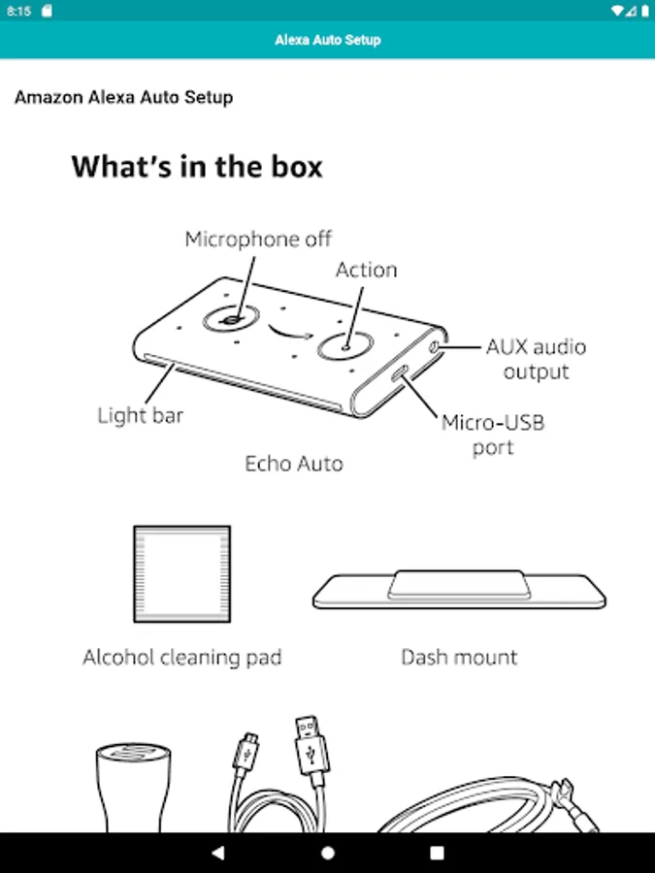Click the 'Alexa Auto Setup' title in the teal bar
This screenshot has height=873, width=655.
pyautogui.click(x=328, y=40)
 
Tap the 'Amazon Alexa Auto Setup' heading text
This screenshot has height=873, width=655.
pyautogui.click(x=123, y=97)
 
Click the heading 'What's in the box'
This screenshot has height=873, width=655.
pyautogui.click(x=197, y=167)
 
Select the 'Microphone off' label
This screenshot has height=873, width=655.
pyautogui.click(x=258, y=239)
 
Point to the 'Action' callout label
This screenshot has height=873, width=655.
pyautogui.click(x=367, y=270)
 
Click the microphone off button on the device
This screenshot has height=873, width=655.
pyautogui.click(x=231, y=319)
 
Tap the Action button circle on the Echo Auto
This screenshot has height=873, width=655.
pyautogui.click(x=345, y=345)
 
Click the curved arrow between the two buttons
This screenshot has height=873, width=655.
pyautogui.click(x=288, y=334)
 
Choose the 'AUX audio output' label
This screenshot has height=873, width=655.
pyautogui.click(x=536, y=359)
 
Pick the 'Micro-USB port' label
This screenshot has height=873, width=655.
pyautogui.click(x=493, y=435)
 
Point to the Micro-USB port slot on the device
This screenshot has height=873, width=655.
pyautogui.click(x=400, y=373)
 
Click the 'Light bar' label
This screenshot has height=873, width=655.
pyautogui.click(x=141, y=415)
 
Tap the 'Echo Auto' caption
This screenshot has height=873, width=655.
pyautogui.click(x=294, y=464)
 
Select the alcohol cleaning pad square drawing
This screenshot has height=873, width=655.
pyautogui.click(x=182, y=573)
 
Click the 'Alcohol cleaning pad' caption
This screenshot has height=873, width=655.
pyautogui.click(x=182, y=658)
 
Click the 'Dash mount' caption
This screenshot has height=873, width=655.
pyautogui.click(x=460, y=658)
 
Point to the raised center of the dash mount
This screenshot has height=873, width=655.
pyautogui.click(x=458, y=584)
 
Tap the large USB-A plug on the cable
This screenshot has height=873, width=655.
pyautogui.click(x=311, y=745)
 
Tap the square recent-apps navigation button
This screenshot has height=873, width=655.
pyautogui.click(x=438, y=853)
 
